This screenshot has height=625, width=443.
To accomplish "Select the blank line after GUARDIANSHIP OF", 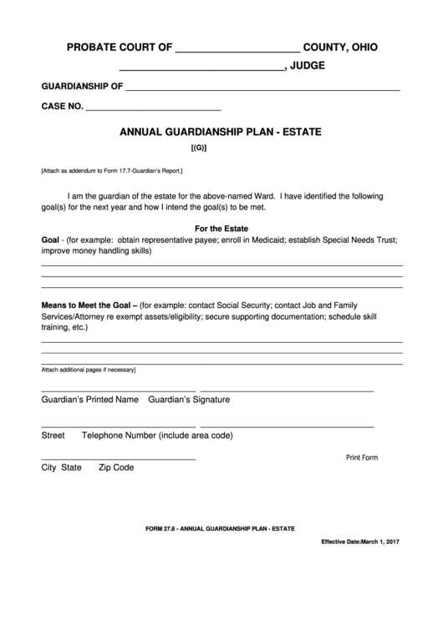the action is (x=262, y=88).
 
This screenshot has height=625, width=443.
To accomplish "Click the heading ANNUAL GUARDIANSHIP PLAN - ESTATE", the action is (x=221, y=132).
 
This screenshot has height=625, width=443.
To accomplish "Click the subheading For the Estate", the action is (x=221, y=229).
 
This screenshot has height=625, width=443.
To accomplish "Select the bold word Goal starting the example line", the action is (x=50, y=239).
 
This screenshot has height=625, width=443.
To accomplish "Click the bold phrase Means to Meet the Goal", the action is (x=89, y=306).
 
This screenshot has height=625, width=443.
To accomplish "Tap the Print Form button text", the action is (x=362, y=457).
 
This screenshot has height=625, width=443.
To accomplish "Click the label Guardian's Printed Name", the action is (x=89, y=400).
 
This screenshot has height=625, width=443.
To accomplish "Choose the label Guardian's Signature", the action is (x=188, y=400).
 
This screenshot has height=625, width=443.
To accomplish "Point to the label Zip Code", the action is (x=116, y=468).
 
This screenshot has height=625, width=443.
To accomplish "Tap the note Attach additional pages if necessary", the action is (x=88, y=370).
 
